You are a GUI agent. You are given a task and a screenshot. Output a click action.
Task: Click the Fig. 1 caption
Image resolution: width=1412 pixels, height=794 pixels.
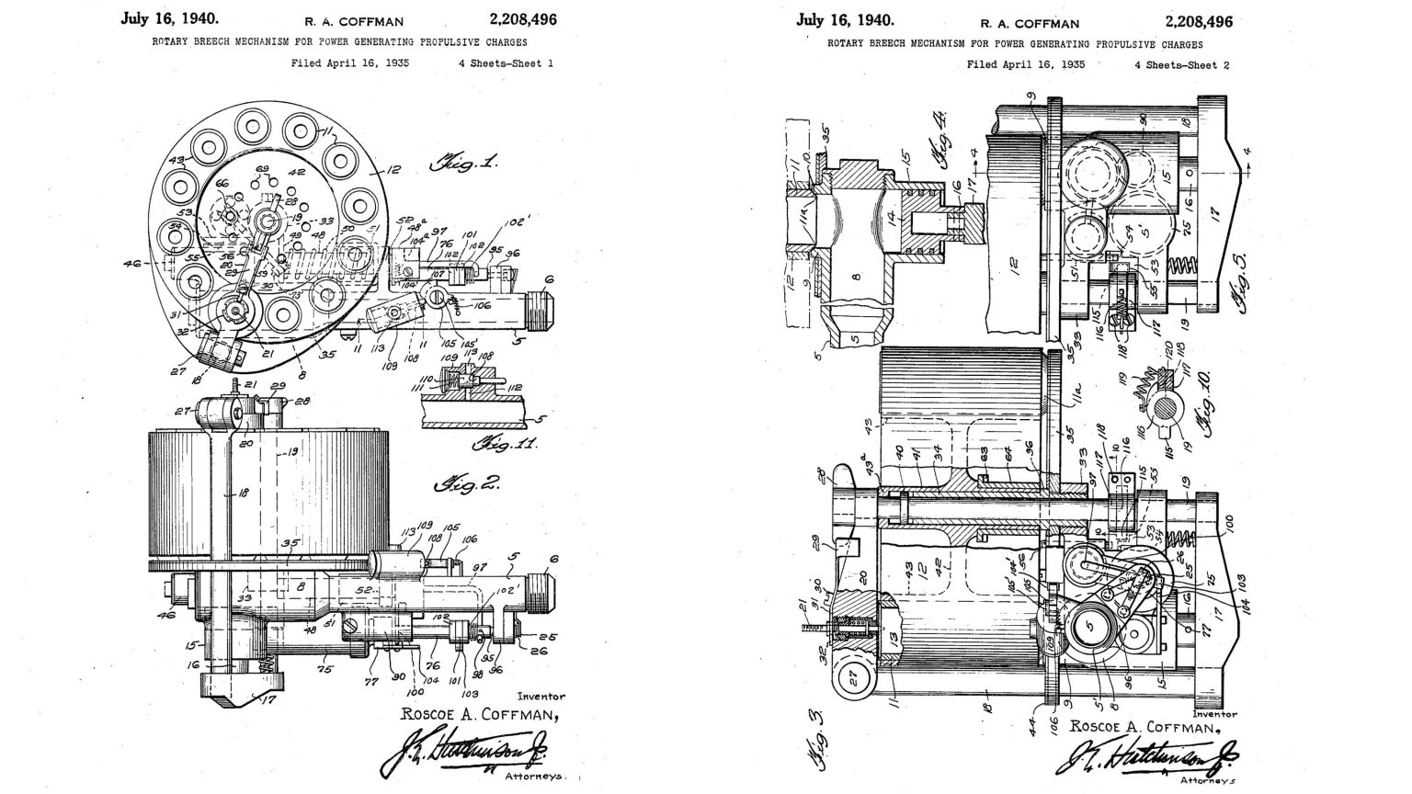click(x=464, y=165)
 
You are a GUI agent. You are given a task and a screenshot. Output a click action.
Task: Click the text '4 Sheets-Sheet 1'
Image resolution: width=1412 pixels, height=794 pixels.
click(x=506, y=64)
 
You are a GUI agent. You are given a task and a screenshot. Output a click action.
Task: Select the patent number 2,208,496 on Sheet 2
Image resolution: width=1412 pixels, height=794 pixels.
click(x=1199, y=21)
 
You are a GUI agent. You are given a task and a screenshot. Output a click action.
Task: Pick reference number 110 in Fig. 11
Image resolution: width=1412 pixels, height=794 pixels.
click(x=426, y=379)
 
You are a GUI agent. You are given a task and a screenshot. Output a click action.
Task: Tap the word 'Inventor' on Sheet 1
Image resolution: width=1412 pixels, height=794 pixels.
click(x=541, y=697)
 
